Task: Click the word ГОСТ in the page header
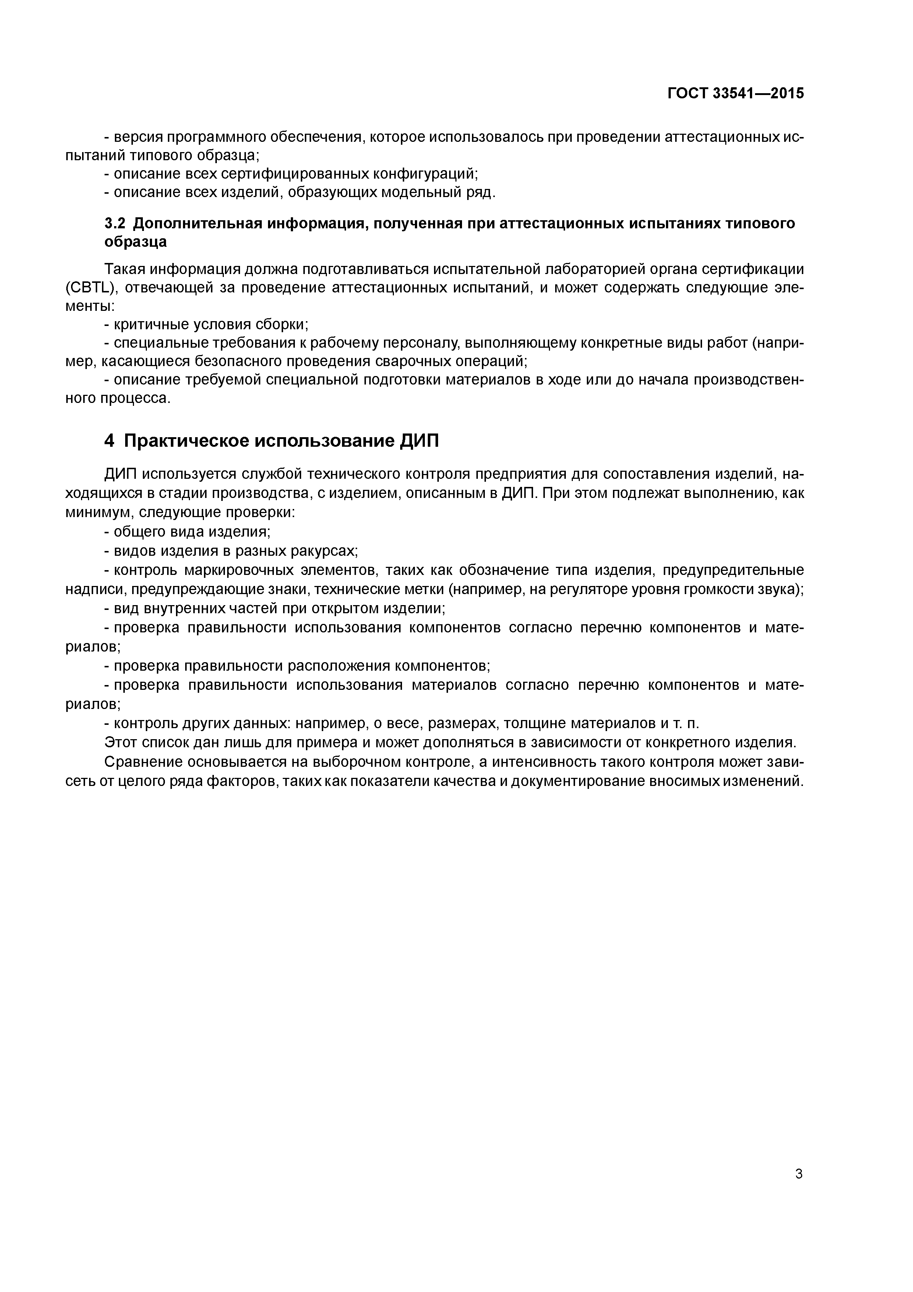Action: (687, 94)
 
